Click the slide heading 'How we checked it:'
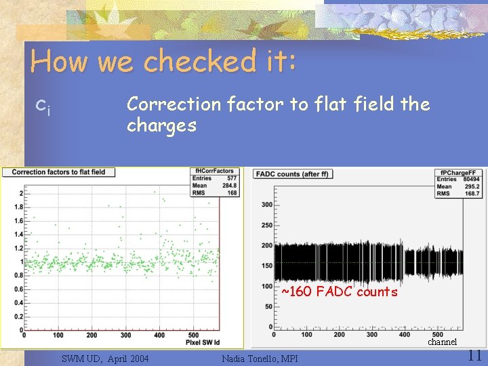163,62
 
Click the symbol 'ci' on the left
42,106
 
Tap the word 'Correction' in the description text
174,104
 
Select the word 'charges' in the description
161,125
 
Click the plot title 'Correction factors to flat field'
59,172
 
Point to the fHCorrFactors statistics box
216,182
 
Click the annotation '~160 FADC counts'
339,292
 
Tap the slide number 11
474,354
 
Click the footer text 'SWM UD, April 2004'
105,358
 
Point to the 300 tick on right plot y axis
266,205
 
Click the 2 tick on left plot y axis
20,193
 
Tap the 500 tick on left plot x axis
192,335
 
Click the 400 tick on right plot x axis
404,334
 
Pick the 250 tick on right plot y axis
266,225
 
